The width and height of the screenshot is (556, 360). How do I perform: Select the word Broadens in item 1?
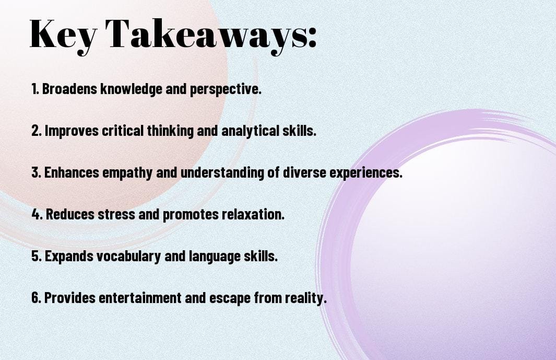69,89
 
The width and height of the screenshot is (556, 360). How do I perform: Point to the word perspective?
226,89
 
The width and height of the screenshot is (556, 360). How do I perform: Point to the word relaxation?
253,214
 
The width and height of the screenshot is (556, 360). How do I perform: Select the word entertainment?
140,297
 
